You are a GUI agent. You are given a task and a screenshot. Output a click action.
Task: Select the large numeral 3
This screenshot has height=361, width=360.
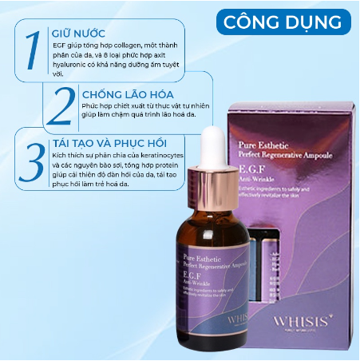click(x=32, y=161)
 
